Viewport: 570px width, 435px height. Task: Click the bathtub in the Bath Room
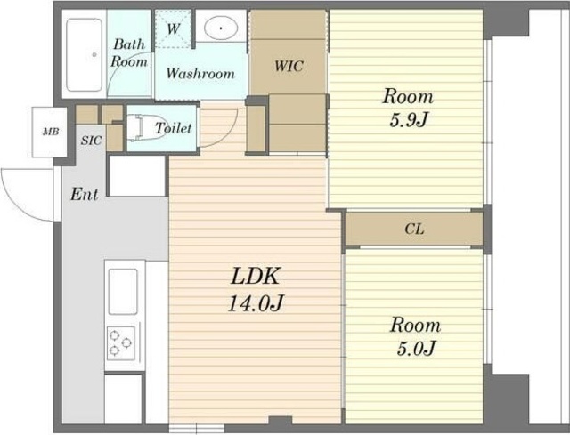pos(85,55)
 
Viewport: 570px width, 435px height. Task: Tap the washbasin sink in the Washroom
pos(221,28)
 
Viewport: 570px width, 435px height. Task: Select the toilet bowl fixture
pos(136,128)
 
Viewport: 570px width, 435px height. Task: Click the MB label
pos(51,132)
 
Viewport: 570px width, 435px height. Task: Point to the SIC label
pos(91,141)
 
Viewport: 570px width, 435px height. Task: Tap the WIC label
pos(289,66)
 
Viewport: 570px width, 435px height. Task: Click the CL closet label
pos(414,230)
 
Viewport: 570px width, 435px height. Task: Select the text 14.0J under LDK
pos(256,303)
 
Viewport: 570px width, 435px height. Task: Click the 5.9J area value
pos(408,120)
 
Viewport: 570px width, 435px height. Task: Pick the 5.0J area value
pos(416,349)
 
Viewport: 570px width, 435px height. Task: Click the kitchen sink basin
pos(123,292)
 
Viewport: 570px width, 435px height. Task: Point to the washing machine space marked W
pos(174,28)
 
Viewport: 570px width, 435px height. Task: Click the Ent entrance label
pos(85,194)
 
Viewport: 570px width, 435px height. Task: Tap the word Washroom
pos(200,73)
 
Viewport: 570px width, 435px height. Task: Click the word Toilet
pos(174,128)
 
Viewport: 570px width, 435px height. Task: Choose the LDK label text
pos(256,277)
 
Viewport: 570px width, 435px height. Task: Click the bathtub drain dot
pos(94,55)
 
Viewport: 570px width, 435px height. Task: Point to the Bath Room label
pos(129,53)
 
